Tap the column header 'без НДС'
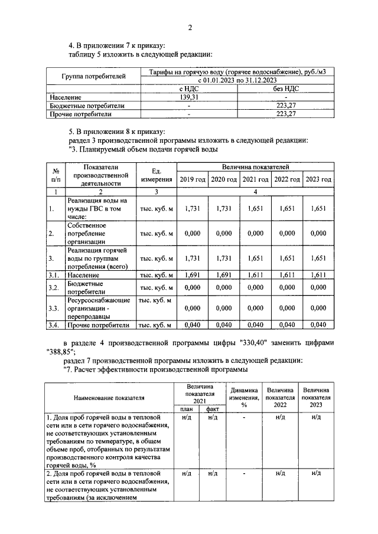(285, 89)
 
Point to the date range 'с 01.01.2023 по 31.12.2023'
(237, 80)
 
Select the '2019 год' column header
(193, 179)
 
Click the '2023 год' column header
(318, 179)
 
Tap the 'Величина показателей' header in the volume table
(255, 168)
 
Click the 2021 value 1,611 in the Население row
(255, 275)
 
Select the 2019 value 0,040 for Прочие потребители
(193, 325)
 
